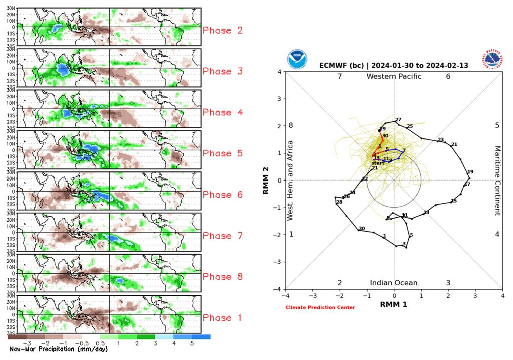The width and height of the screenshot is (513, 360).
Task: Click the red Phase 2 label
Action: coord(223,31)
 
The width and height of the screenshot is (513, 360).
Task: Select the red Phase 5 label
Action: coord(223,154)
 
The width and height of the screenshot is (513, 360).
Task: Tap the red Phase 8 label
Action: coord(223,277)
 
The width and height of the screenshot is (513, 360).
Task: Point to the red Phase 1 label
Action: coord(223,318)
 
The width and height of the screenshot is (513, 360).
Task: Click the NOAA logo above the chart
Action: coord(296,59)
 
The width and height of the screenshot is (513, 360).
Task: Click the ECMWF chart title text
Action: coord(394,66)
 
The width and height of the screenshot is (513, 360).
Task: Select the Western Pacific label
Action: coord(394,76)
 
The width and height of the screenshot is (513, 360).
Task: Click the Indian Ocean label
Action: coord(394,283)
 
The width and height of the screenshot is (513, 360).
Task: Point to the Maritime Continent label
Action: coord(498,181)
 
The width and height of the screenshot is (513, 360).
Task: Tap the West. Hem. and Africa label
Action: coord(290,181)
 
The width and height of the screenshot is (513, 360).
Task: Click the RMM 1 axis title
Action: coord(394,304)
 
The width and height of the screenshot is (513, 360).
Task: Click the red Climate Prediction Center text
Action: coord(320,307)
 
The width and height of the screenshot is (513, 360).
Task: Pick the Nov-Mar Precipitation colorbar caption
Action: coord(59,349)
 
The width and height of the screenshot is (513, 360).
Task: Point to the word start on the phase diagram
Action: coord(378,163)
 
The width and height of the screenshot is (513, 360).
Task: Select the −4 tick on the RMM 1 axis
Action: coord(286,296)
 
